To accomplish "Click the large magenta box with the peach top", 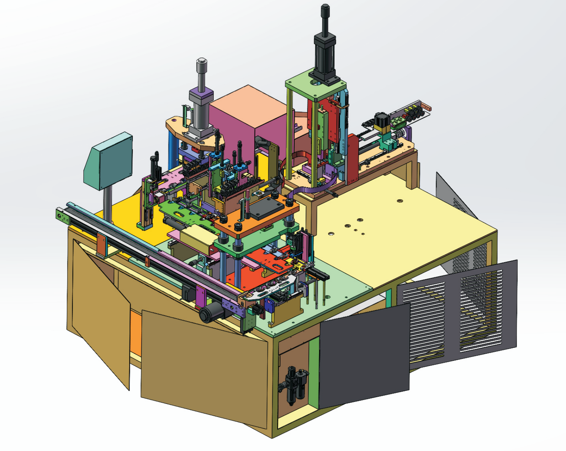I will pyautogui.click(x=238, y=126).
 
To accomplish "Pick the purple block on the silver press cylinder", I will pyautogui.click(x=201, y=98).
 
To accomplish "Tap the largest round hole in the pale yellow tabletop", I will pyautogui.click(x=400, y=201).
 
